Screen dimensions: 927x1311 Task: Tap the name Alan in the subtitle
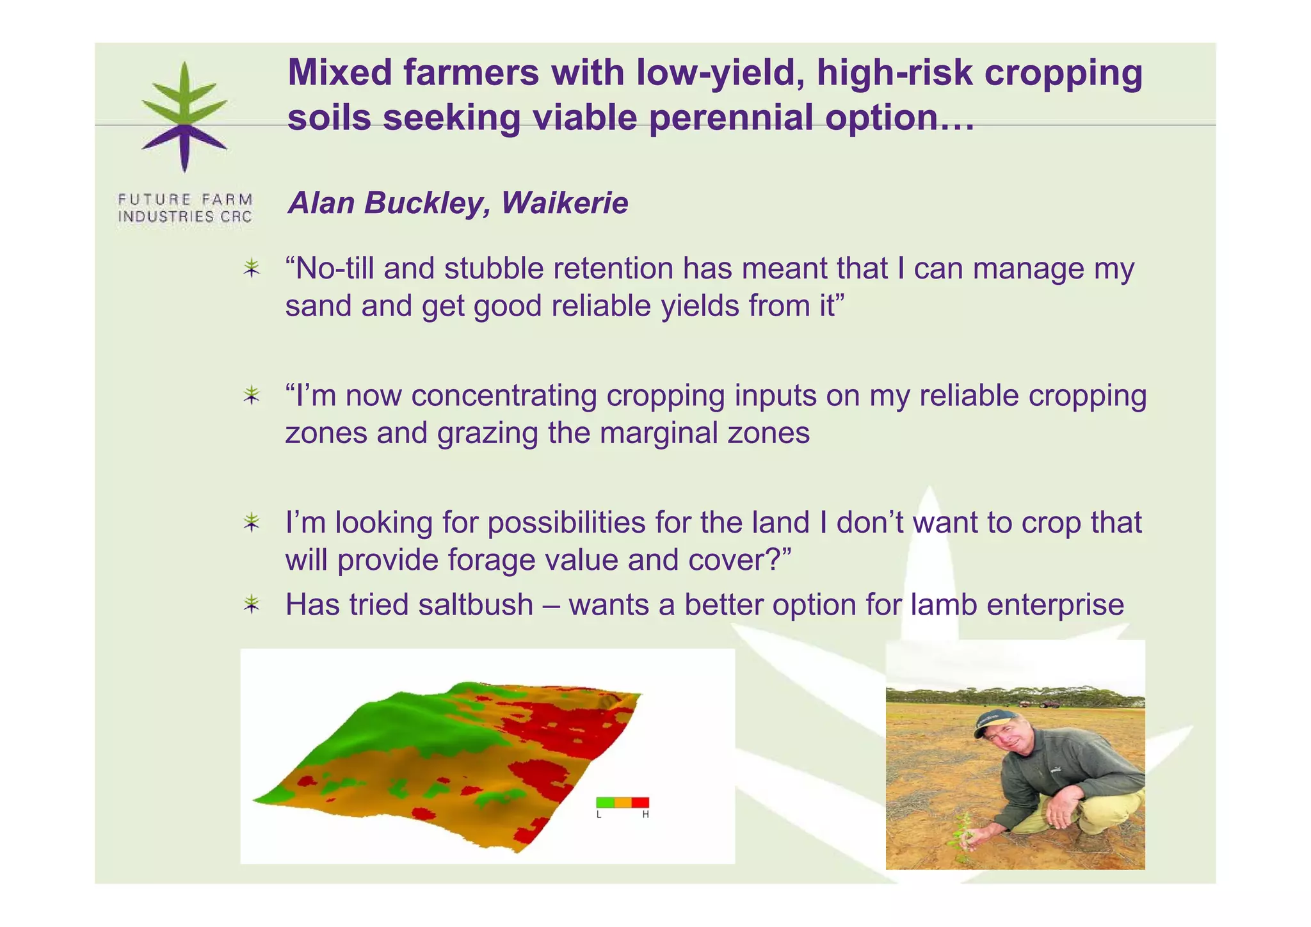[321, 203]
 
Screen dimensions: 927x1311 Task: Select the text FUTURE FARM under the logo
[185, 199]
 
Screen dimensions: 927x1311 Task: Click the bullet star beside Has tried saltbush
[252, 604]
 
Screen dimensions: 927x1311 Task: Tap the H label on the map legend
[645, 815]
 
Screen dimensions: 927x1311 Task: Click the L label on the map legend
[599, 815]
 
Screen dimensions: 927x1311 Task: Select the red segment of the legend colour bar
[641, 802]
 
